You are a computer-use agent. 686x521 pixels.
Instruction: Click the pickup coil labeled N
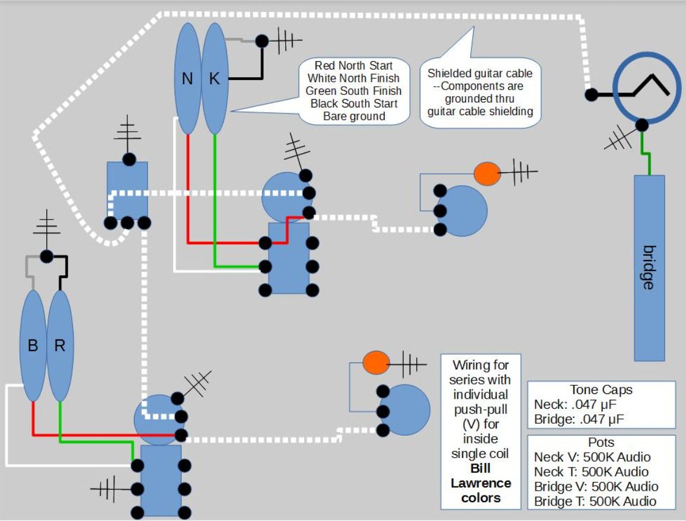187,78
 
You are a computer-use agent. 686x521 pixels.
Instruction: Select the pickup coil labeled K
214,78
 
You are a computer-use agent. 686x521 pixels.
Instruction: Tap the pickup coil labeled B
33,345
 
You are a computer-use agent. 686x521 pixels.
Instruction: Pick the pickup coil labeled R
60,345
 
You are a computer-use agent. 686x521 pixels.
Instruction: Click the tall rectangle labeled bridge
649,268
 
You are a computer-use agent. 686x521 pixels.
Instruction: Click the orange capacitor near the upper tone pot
487,173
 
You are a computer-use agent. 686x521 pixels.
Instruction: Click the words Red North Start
354,65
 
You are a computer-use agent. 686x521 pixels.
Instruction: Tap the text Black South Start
354,103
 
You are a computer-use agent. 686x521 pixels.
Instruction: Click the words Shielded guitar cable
480,74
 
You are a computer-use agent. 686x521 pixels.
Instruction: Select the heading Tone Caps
601,390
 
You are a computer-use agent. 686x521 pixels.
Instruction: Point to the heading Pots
601,443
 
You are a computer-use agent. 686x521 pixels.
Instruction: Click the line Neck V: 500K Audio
592,457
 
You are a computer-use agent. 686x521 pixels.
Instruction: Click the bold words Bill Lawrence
481,476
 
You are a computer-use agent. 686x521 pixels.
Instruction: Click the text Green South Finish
354,91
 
